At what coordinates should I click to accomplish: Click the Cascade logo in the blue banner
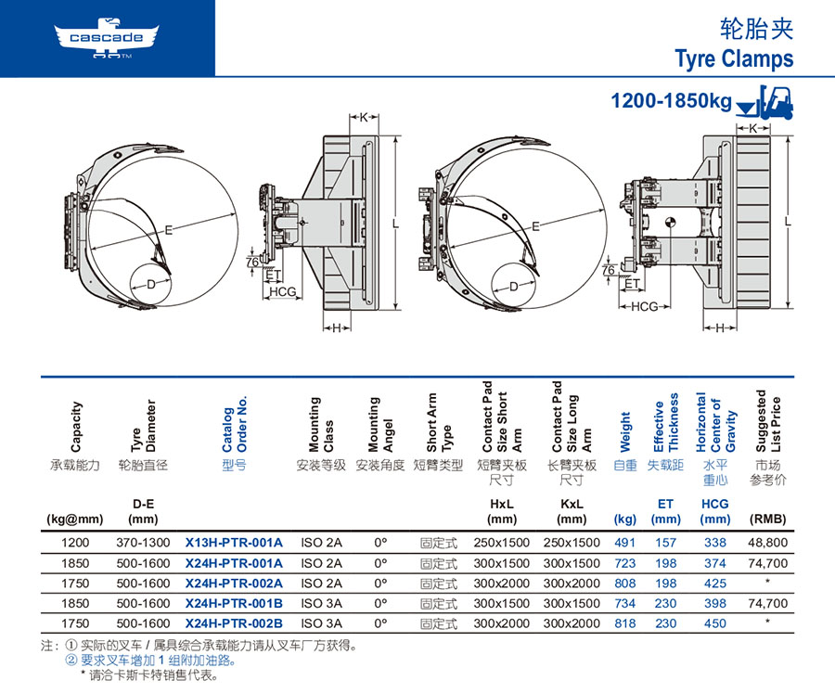click(x=107, y=38)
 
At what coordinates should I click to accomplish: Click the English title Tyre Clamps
click(x=735, y=59)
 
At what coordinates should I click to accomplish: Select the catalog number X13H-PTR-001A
click(x=234, y=543)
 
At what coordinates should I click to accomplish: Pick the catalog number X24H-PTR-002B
click(x=234, y=623)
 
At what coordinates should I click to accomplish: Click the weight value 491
click(x=624, y=543)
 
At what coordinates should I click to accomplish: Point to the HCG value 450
click(x=714, y=623)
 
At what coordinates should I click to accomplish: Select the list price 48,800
click(x=767, y=543)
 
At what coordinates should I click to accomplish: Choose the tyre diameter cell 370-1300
click(x=143, y=543)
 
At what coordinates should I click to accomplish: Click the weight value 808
click(x=624, y=584)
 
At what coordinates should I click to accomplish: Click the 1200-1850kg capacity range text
click(x=671, y=100)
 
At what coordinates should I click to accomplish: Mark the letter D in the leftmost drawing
click(x=150, y=285)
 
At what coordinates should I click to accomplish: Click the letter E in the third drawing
click(x=535, y=226)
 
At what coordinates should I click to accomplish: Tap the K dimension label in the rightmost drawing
click(x=753, y=128)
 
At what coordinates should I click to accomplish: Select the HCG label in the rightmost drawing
click(x=644, y=306)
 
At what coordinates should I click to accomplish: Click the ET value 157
click(x=665, y=543)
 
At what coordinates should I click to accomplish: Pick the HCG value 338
click(x=714, y=543)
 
